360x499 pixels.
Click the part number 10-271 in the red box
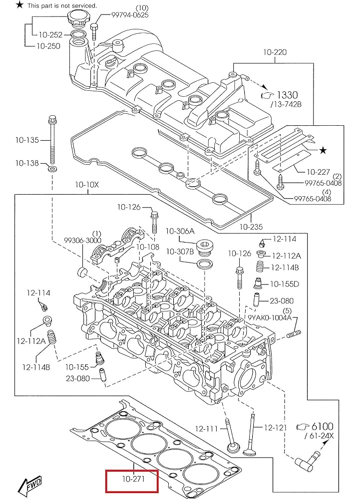pos(131,481)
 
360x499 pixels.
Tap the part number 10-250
pos(47,46)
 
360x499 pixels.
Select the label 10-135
pos(27,140)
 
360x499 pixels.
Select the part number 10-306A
pos(180,231)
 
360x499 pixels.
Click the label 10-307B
pos(180,251)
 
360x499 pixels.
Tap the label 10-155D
pos(285,284)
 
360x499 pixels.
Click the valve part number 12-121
pos(276,428)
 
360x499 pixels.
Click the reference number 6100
pos(323,427)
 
